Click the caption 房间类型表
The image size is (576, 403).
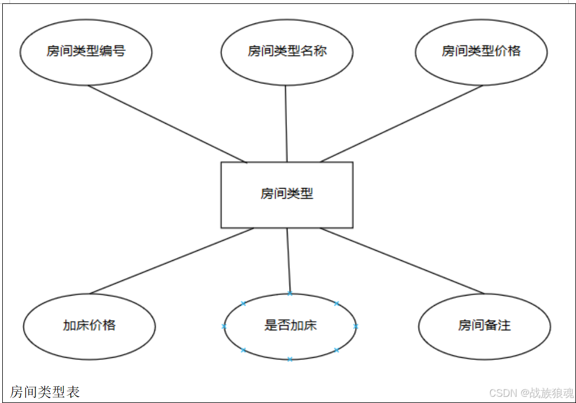[x=45, y=392]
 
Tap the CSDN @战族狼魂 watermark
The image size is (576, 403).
[x=531, y=393]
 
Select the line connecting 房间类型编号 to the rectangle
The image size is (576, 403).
[x=167, y=124]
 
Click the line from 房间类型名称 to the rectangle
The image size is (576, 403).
[x=286, y=123]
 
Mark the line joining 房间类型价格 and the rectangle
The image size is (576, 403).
[x=401, y=124]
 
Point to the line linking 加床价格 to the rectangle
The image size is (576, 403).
[x=171, y=261]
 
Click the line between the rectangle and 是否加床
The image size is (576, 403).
[x=289, y=260]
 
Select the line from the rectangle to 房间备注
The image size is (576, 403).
[x=402, y=261]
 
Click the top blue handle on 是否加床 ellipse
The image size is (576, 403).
[x=290, y=293]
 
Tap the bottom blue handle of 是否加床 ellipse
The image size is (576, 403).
[x=290, y=359]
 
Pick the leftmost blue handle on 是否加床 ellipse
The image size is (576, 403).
[x=224, y=326]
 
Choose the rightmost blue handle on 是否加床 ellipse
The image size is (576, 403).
[x=356, y=326]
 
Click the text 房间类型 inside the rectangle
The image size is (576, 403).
[x=287, y=194]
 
